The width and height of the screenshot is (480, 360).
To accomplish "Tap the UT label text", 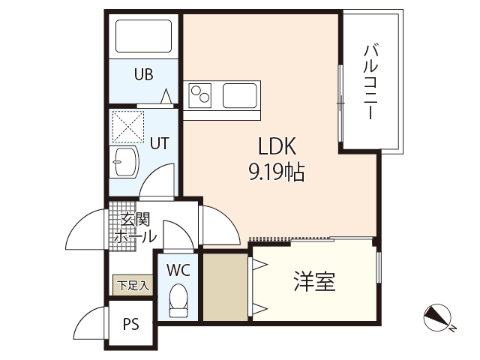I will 158,142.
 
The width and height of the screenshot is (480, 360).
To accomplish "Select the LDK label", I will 278,145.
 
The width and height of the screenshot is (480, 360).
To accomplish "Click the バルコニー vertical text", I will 370,83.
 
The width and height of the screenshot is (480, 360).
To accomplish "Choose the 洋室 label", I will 313,281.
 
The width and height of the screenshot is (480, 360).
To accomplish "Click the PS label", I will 131,325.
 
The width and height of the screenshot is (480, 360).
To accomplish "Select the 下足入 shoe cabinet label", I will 133,285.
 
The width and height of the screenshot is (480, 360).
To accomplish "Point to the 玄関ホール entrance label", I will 136,227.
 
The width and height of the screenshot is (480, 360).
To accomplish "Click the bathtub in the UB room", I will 142,36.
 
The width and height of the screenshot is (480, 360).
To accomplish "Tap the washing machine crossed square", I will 127,126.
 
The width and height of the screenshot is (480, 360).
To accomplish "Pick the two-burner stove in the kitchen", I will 200,95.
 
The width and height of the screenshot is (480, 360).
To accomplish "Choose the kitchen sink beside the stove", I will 241,95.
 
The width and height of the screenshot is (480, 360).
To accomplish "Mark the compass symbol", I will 438,318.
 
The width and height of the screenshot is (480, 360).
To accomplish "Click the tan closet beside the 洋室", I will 225,288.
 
